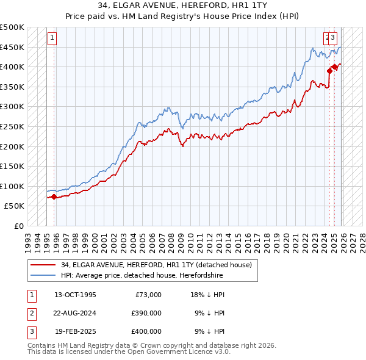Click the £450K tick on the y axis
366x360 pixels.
12,47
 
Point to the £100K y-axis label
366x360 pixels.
12,186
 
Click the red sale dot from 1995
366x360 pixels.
54,196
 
